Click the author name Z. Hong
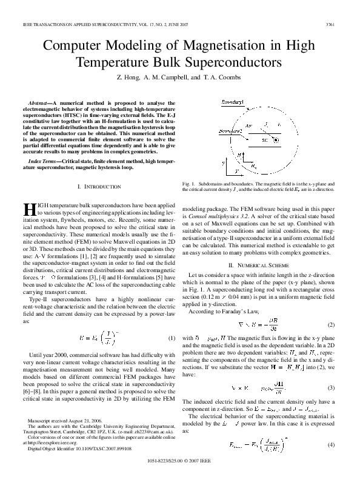click(x=132, y=78)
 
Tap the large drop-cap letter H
click(x=30, y=210)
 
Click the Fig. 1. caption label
click(x=189, y=182)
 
